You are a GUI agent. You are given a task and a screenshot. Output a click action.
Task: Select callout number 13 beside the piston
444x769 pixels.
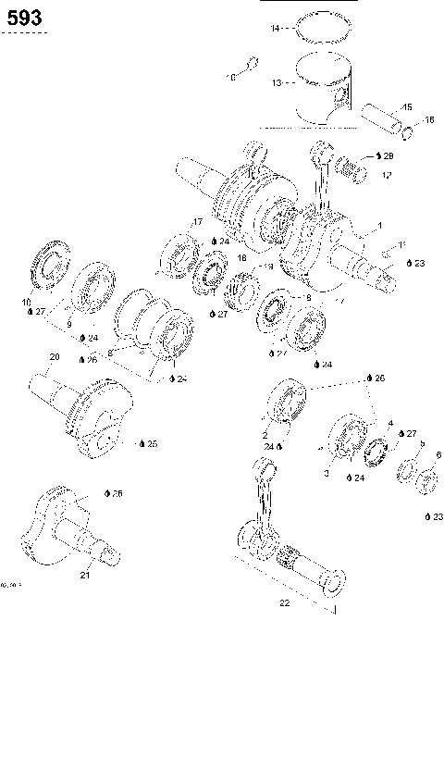point(277,83)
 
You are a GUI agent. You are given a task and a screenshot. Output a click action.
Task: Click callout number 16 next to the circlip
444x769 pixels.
point(429,119)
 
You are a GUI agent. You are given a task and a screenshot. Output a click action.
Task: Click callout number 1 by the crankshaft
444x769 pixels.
point(378,226)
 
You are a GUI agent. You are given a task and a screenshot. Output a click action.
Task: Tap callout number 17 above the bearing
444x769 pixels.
point(197,222)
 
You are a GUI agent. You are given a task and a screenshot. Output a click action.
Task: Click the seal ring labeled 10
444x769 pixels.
point(46,268)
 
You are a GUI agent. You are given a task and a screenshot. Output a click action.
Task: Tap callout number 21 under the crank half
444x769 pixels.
point(84,575)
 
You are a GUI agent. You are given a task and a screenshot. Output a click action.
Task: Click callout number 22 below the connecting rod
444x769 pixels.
point(285,603)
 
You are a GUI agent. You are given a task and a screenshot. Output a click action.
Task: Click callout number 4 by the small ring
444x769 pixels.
point(390,423)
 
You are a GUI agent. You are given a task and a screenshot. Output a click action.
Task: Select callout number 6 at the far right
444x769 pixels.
point(438,454)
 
